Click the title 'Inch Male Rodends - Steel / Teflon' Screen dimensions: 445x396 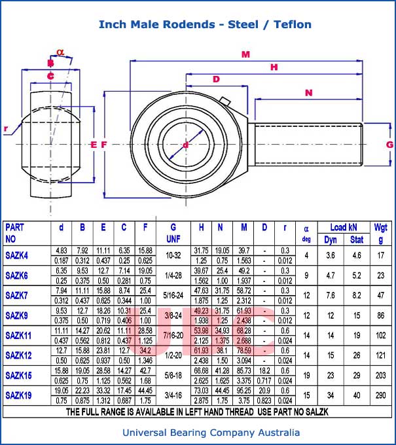[x=205, y=25]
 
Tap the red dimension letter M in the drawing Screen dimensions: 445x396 [x=245, y=55]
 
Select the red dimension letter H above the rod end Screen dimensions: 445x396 [x=274, y=67]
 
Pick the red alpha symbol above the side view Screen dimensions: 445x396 [x=61, y=52]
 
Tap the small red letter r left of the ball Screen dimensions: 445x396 [x=6, y=129]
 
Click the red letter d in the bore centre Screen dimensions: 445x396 [x=186, y=145]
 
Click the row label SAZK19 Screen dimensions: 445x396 [x=19, y=396]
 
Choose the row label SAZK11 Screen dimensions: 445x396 [x=19, y=336]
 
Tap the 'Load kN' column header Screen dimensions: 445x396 [x=343, y=228]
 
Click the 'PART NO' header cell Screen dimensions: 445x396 [x=16, y=234]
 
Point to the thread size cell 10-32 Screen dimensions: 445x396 [x=173, y=255]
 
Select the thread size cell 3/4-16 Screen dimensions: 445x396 [x=173, y=396]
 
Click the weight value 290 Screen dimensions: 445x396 [x=380, y=396]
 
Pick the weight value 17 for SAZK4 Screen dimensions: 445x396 [x=380, y=255]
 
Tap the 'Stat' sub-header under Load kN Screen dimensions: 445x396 [x=357, y=240]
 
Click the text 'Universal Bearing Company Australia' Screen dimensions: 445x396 [x=211, y=433]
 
